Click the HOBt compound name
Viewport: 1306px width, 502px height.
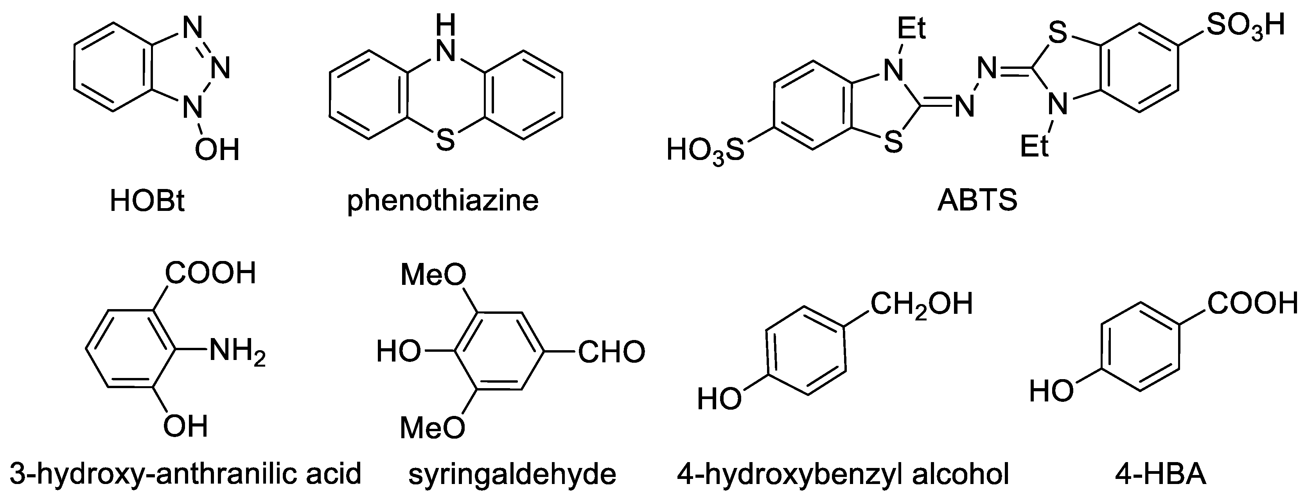coord(147,201)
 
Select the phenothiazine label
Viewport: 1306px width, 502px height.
coord(443,201)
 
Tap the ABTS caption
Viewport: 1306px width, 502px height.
coord(977,201)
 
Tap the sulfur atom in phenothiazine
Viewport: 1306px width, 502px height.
coord(445,140)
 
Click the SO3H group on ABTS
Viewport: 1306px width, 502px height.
coord(1245,25)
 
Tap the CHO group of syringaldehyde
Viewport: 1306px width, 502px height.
coord(611,352)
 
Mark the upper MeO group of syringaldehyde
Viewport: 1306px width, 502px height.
coord(433,275)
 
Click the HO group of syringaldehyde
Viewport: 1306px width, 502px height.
coord(399,351)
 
